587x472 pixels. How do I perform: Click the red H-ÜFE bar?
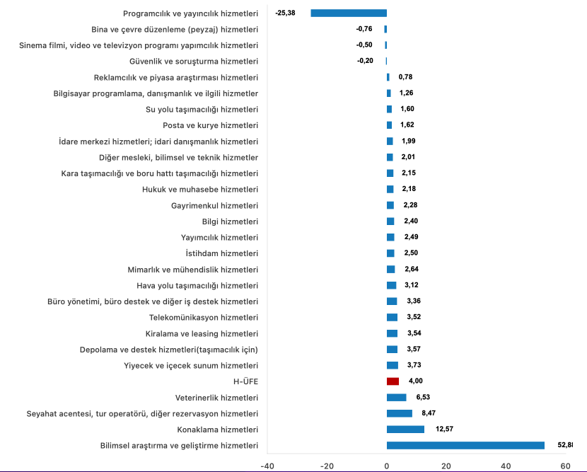[x=393, y=381]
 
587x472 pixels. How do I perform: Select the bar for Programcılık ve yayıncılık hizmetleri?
[x=349, y=13]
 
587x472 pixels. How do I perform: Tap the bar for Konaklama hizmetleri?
[x=405, y=429]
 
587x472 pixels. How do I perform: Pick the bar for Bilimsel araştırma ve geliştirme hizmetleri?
[x=465, y=445]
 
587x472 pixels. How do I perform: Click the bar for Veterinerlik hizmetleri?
[x=396, y=397]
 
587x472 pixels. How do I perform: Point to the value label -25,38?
[x=285, y=13]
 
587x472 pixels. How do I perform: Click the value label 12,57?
[x=443, y=429]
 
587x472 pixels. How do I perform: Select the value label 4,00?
[x=416, y=381]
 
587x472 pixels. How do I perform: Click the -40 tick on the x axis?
[x=267, y=466]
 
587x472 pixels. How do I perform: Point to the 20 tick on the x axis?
[x=446, y=466]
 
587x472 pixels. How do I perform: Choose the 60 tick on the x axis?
[x=565, y=466]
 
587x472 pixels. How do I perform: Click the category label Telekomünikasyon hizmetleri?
[x=204, y=317]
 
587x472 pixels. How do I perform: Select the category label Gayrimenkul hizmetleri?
[x=214, y=205]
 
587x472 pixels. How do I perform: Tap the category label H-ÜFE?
[x=245, y=381]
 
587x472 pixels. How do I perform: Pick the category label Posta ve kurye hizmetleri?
[x=210, y=125]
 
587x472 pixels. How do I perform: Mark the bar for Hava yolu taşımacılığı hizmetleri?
[x=391, y=285]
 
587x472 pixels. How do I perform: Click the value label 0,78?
[x=405, y=76]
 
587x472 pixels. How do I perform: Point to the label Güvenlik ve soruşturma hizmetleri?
[x=199, y=61]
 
